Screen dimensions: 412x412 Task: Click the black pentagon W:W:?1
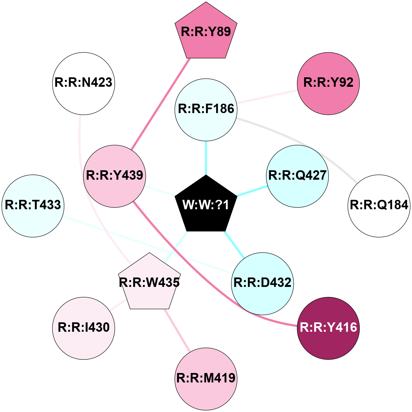pyautogui.click(x=206, y=205)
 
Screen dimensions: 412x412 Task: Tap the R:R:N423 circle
pyautogui.click(x=84, y=83)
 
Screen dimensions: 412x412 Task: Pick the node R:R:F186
pyautogui.click(x=206, y=109)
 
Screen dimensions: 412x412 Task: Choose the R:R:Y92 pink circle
pyautogui.click(x=328, y=83)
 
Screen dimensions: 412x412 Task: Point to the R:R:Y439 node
pyautogui.click(x=114, y=176)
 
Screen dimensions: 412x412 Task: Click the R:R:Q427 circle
pyautogui.click(x=297, y=176)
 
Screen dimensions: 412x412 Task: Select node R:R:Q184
pyautogui.click(x=379, y=206)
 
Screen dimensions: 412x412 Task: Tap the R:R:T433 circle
pyautogui.click(x=33, y=206)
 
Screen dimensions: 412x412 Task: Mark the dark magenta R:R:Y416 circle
pyautogui.click(x=328, y=328)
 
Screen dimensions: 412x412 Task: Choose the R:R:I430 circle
pyautogui.click(x=84, y=328)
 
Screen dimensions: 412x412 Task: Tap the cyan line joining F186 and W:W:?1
pyautogui.click(x=206, y=158)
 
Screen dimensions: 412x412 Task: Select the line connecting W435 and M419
pyautogui.click(x=177, y=330)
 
